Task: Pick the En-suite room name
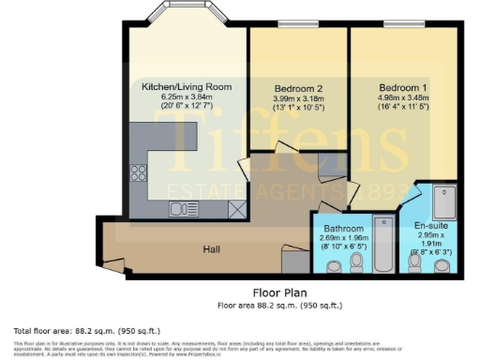[x=428, y=228]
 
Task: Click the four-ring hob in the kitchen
[x=138, y=172]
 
